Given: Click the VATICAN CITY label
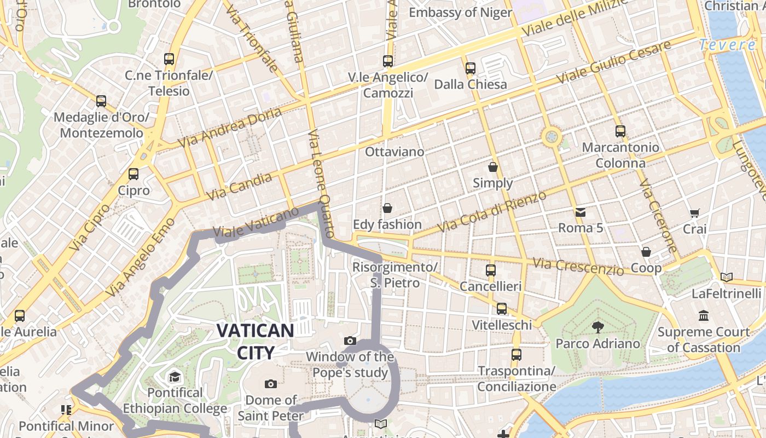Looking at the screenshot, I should tap(256, 341).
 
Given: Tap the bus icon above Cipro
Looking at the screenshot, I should tap(134, 174).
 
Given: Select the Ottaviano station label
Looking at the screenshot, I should tap(394, 152).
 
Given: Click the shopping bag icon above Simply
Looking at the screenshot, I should tap(493, 167).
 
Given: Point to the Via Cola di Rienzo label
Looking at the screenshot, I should tap(492, 211).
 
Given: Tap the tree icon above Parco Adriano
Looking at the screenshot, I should tap(597, 327).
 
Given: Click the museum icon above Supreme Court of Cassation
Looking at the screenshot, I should tap(704, 316).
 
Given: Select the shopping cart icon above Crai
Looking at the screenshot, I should tap(695, 213).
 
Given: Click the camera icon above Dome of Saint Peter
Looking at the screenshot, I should tap(270, 384).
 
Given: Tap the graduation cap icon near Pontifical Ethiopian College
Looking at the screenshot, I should tap(175, 377).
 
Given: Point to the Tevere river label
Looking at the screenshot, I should tap(728, 45).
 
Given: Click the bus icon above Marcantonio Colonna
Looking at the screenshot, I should tap(620, 131).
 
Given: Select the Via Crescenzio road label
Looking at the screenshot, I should tap(579, 267).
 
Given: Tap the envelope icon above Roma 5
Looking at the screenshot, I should tap(581, 212).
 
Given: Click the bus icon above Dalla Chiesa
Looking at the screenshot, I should tap(471, 68).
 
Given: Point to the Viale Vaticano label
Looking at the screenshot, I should tap(256, 222).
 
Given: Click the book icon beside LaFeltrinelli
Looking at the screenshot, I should tap(727, 278).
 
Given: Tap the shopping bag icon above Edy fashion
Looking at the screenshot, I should tap(387, 208).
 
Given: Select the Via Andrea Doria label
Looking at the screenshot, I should tap(230, 128).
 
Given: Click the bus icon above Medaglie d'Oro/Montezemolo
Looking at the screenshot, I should tap(101, 101).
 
